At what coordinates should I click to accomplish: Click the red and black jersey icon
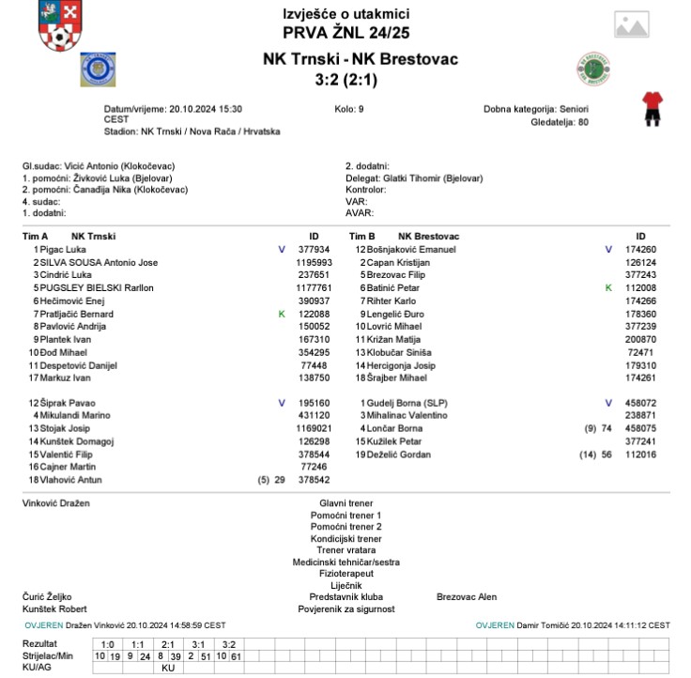pyautogui.click(x=651, y=108)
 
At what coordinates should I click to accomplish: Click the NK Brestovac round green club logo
pyautogui.click(x=593, y=69)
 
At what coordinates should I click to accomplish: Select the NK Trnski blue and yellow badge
pyautogui.click(x=98, y=69)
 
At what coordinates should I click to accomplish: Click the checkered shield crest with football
pyautogui.click(x=60, y=26)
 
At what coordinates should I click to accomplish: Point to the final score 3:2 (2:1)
pyautogui.click(x=345, y=80)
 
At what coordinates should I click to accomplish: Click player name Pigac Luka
pyautogui.click(x=62, y=250)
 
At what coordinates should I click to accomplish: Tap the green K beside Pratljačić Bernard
pyautogui.click(x=282, y=314)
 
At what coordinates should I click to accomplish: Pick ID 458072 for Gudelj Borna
pyautogui.click(x=640, y=403)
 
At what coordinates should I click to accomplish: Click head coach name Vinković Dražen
pyautogui.click(x=55, y=503)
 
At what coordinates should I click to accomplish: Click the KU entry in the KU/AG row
pyautogui.click(x=169, y=668)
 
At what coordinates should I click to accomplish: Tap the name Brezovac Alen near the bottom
pyautogui.click(x=467, y=596)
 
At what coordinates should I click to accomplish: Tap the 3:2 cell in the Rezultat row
pyautogui.click(x=228, y=644)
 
